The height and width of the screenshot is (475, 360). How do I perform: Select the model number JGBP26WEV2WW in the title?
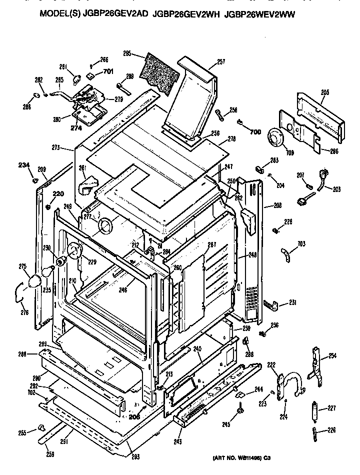(x=260, y=15)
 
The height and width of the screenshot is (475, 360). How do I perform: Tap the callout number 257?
(x=221, y=62)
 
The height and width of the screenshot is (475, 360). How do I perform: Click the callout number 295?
(x=126, y=53)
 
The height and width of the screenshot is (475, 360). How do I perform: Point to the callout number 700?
(x=255, y=131)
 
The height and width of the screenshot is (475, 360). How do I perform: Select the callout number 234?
(x=23, y=165)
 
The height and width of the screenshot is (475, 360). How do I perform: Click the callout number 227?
(x=330, y=408)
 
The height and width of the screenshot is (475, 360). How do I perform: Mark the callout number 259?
(x=50, y=454)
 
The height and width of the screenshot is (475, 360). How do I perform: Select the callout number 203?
(x=336, y=189)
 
